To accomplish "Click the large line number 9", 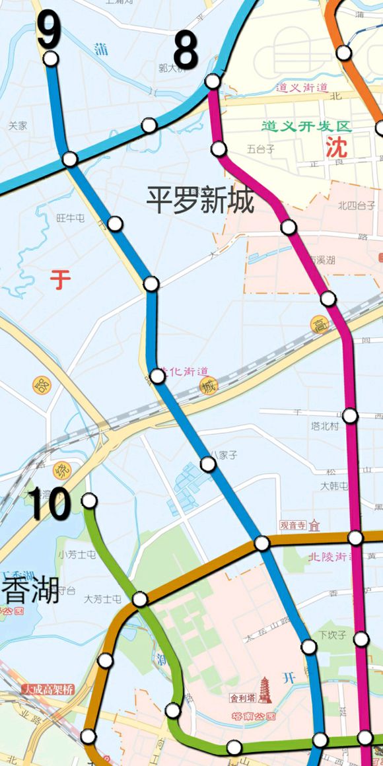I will click(x=49, y=30).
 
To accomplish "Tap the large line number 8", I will click(x=186, y=52).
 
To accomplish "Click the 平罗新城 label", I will click(x=200, y=199).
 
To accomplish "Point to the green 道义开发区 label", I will click(x=306, y=125).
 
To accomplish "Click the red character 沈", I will click(x=335, y=146).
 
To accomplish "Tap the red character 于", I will click(x=60, y=280).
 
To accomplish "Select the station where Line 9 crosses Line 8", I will click(x=69, y=159).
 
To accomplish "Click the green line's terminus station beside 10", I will click(x=89, y=501).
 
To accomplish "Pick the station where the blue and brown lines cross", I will click(x=262, y=543).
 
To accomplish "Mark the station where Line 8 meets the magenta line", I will click(x=213, y=81).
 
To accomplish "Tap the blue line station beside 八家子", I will click(x=208, y=464).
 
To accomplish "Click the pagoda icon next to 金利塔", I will click(x=265, y=691).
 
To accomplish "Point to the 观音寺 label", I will click(x=293, y=526).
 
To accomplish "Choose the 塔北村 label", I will click(x=325, y=427).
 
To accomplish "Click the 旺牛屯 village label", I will click(x=71, y=217).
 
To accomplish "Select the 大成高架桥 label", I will click(x=48, y=689).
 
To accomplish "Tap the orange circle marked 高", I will click(x=320, y=324).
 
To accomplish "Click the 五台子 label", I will click(x=261, y=149).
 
